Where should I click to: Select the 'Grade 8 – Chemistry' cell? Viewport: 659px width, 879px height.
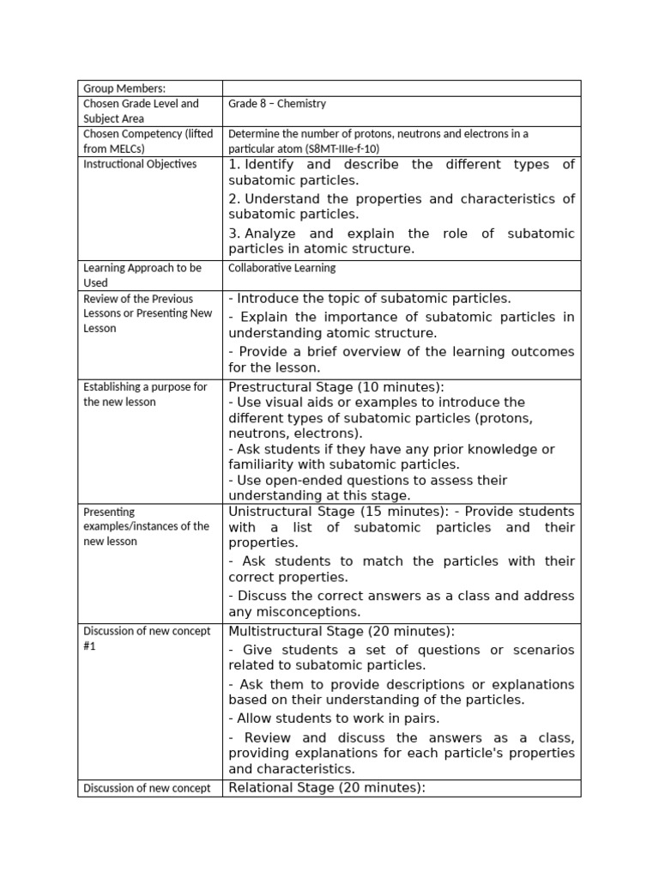coord(276,104)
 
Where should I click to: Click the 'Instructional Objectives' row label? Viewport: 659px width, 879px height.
coord(140,164)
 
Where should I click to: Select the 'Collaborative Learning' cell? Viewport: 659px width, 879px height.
coord(281,268)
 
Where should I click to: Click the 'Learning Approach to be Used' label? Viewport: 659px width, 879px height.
coord(142,275)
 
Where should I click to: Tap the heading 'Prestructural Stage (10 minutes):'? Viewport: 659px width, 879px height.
coord(336,386)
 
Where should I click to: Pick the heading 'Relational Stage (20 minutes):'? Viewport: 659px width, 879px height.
coord(327,788)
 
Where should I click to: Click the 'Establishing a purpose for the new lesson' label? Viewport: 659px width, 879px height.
coord(145,394)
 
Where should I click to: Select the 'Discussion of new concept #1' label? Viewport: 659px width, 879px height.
coord(147,639)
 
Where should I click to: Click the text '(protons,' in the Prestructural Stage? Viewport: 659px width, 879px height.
coord(506,418)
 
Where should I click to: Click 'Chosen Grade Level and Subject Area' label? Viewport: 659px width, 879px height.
coord(141,111)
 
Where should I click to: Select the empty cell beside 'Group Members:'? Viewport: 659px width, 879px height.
coord(401,88)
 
